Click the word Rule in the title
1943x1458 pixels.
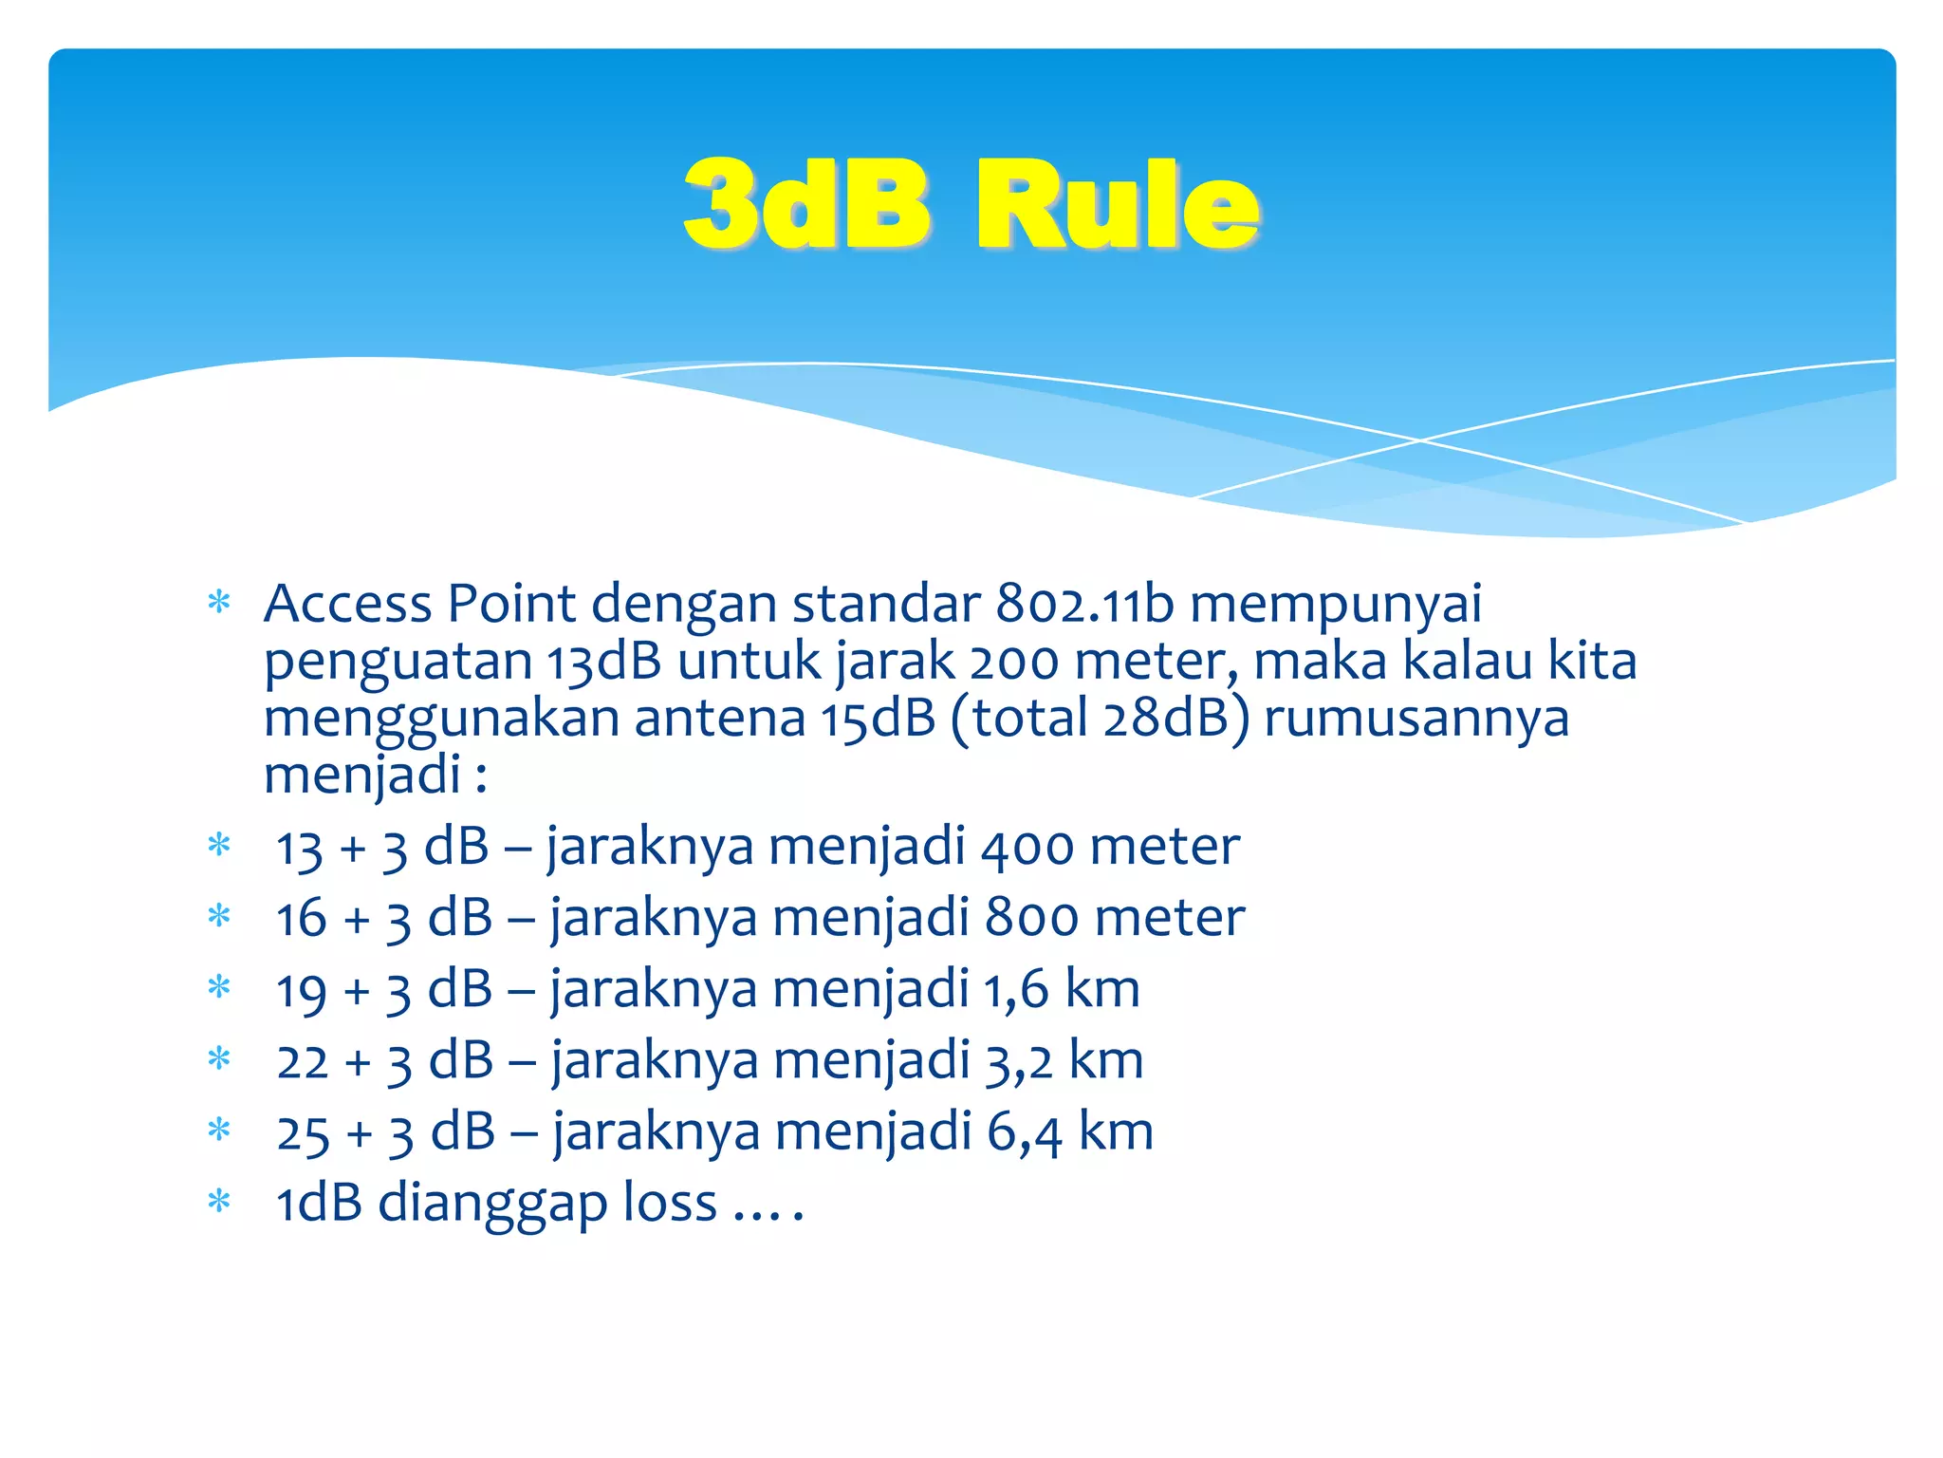coord(1118,206)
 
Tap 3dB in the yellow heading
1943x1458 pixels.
coord(806,206)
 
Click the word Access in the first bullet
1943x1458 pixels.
coord(347,604)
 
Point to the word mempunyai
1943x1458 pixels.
coord(1336,606)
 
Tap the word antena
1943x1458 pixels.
coord(719,719)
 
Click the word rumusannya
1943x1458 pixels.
coord(1416,719)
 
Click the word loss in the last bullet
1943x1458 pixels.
coord(670,1204)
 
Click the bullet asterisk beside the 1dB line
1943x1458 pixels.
coord(219,1202)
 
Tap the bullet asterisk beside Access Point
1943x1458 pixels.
coord(219,602)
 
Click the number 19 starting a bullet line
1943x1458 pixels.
coord(301,990)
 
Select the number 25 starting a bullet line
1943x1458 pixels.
coord(303,1133)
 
